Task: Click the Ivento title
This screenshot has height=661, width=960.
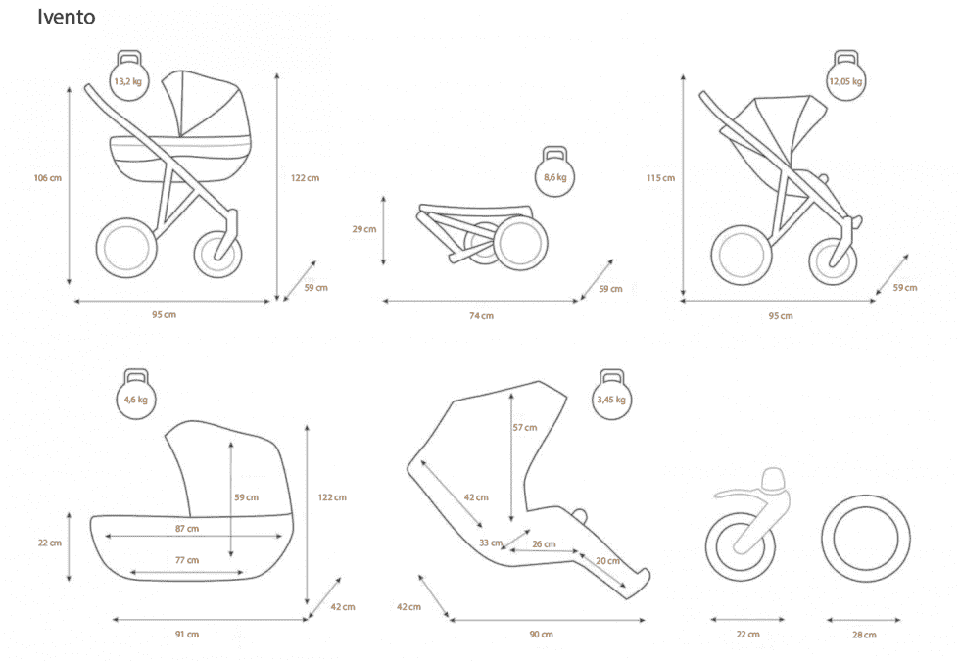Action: point(67,17)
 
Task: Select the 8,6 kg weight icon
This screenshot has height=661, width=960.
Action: point(554,171)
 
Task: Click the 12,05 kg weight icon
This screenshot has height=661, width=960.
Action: point(845,75)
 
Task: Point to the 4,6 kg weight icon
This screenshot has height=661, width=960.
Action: point(136,394)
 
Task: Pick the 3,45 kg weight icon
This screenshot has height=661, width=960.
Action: point(611,394)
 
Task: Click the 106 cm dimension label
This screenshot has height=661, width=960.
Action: point(48,178)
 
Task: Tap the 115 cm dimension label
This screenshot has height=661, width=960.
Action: point(660,178)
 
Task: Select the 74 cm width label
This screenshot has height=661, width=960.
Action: point(481,315)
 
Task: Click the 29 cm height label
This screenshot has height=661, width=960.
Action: point(364,229)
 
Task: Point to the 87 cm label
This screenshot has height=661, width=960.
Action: point(187,528)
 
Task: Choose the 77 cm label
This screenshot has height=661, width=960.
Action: point(187,560)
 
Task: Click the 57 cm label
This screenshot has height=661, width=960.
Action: point(525,428)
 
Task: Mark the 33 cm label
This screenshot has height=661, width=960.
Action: point(491,543)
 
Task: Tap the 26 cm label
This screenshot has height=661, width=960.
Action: point(545,544)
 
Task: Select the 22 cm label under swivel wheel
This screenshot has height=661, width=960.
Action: point(747,635)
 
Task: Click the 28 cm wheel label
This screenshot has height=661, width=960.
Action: point(864,635)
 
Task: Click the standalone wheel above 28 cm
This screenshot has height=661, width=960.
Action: point(866,540)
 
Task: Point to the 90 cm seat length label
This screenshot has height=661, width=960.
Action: point(541,635)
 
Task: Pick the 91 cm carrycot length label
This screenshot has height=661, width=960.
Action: point(187,635)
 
